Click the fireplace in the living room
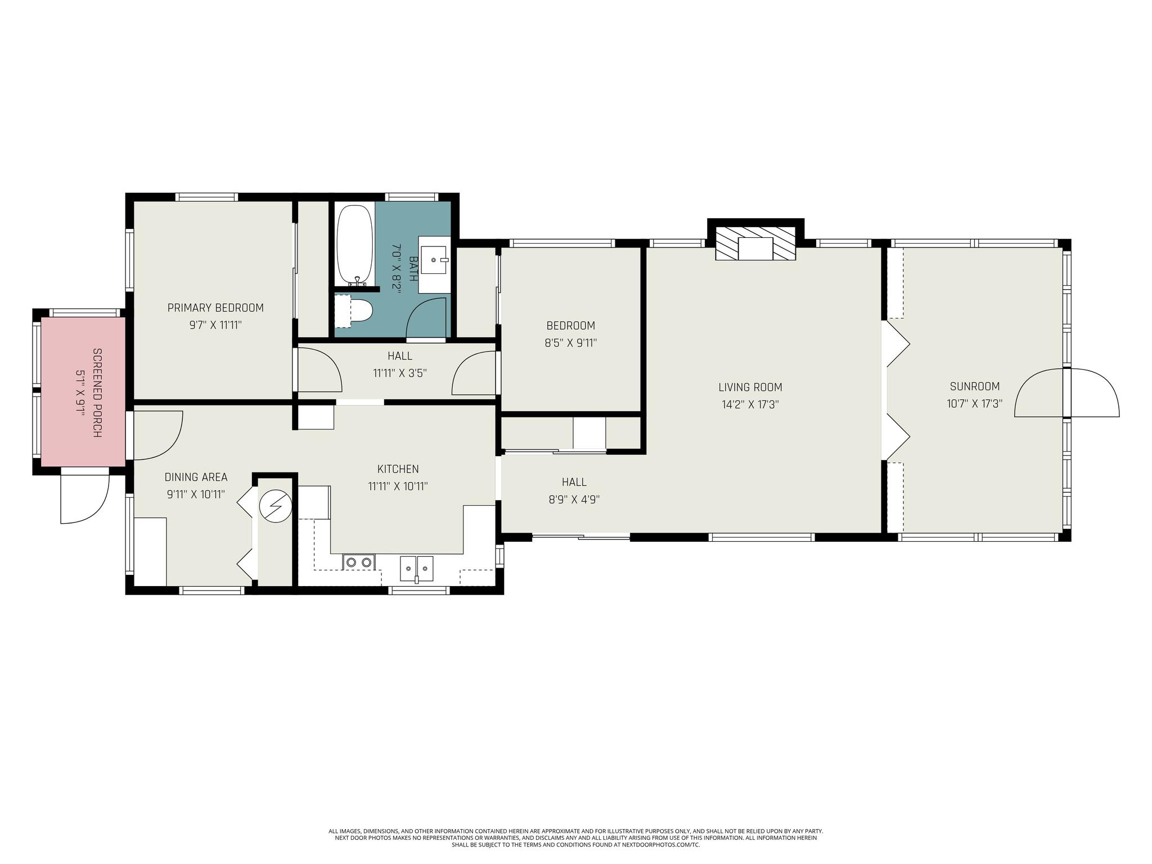click(755, 243)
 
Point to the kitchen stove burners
click(359, 561)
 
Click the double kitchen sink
click(417, 568)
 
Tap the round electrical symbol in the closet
click(276, 506)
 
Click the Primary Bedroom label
click(215, 308)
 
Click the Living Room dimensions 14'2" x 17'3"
click(750, 404)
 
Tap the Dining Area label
click(196, 477)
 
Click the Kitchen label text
click(398, 469)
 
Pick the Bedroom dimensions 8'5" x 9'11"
click(570, 343)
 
